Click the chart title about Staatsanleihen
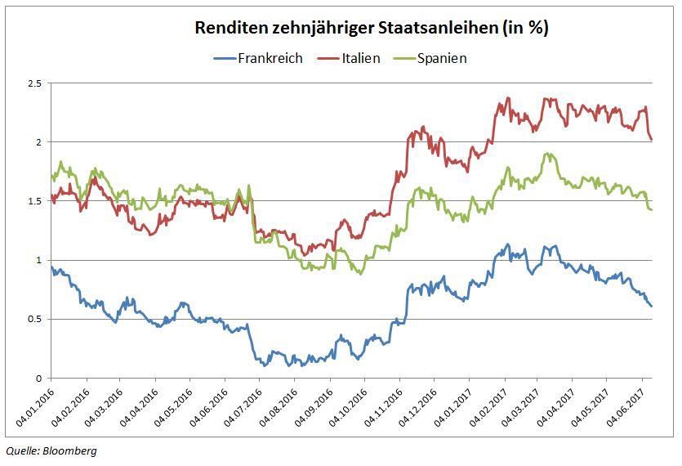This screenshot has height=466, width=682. (x=372, y=28)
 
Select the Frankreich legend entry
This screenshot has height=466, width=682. (x=270, y=58)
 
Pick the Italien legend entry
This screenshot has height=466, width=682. (x=355, y=58)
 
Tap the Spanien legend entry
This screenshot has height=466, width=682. (x=441, y=58)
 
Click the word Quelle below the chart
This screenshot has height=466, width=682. (x=22, y=450)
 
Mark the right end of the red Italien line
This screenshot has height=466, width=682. (x=651, y=139)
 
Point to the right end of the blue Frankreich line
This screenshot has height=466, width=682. (x=651, y=306)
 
